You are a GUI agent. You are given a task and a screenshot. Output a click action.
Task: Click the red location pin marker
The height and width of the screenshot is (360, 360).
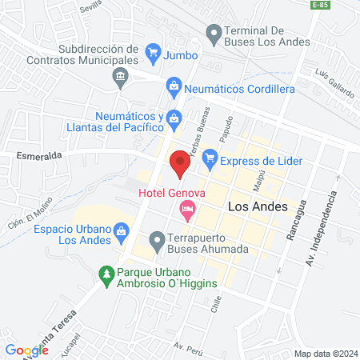pos(180,164)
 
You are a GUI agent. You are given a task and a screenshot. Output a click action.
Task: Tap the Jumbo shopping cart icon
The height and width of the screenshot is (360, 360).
pos(152,54)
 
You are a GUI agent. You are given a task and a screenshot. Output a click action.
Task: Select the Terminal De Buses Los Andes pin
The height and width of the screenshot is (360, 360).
pos(213,34)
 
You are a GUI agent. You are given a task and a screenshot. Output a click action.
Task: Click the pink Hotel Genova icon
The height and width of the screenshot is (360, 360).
pos(187,211)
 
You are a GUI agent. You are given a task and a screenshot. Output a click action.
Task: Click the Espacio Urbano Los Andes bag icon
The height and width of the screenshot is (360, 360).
pos(122,233)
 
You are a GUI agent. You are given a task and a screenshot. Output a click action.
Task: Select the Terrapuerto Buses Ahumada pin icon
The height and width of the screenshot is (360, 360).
pos(157,240)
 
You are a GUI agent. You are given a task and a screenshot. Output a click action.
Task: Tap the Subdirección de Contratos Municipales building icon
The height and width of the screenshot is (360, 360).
pos(121,78)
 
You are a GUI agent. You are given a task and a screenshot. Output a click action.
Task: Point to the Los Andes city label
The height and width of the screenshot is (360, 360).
pos(258,206)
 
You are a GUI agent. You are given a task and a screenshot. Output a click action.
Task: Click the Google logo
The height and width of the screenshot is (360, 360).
pos(26,350)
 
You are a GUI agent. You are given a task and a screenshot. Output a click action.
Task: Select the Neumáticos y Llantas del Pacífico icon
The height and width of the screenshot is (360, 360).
pos(173,119)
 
